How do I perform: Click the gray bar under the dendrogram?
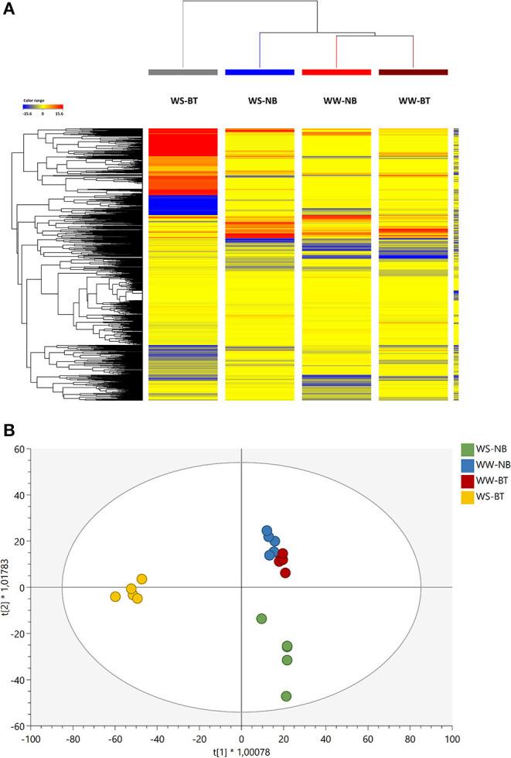click(182, 72)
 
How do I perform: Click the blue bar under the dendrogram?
click(259, 72)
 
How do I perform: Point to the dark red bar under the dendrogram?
click(413, 72)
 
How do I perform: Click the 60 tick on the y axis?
click(20, 449)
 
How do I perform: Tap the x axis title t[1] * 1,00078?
click(241, 750)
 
